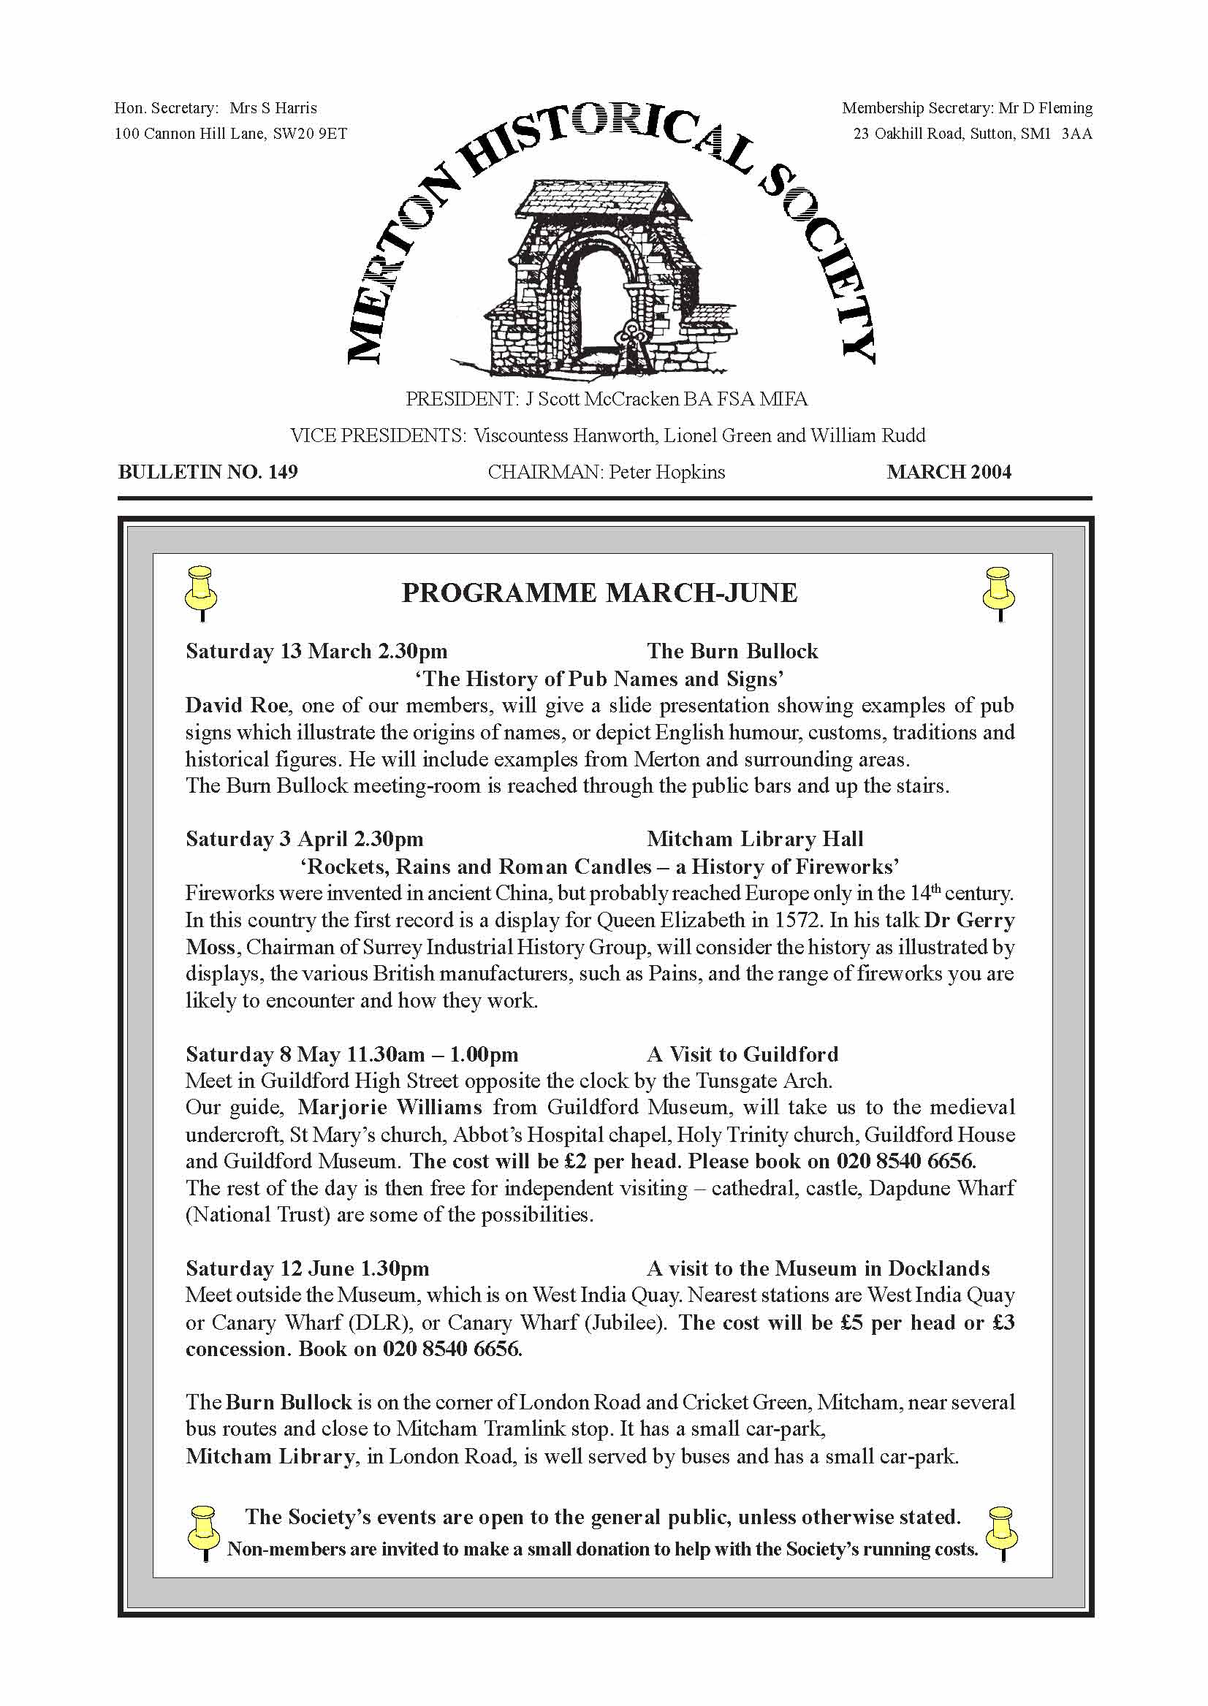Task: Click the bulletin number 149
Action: [x=283, y=472]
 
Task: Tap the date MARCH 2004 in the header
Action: [x=949, y=472]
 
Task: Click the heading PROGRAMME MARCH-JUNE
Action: [x=599, y=593]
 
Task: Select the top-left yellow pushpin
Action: [x=200, y=592]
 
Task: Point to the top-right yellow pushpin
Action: [x=999, y=592]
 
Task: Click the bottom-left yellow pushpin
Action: [x=203, y=1534]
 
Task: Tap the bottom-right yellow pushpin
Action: [x=1000, y=1534]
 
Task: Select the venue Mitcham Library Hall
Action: [x=755, y=839]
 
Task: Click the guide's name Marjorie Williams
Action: [x=390, y=1108]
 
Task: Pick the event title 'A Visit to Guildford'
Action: [x=742, y=1054]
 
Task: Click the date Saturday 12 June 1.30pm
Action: [x=307, y=1268]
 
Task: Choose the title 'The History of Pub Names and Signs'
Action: [x=599, y=678]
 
